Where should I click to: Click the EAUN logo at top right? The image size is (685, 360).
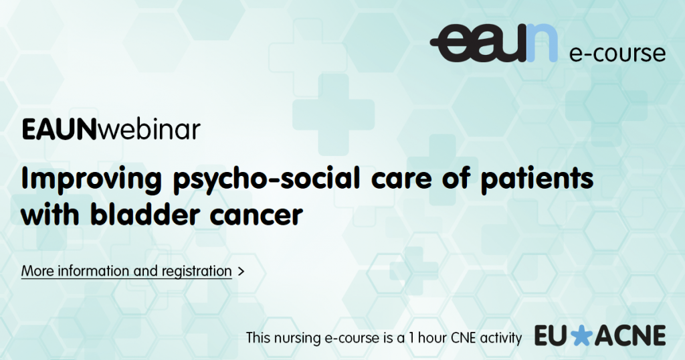(494, 43)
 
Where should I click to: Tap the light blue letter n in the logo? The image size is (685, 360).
(542, 43)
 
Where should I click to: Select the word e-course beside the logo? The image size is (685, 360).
(617, 53)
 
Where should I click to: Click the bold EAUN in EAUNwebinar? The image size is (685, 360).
(59, 129)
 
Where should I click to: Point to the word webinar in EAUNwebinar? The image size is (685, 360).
(149, 129)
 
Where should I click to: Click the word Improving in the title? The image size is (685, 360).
(92, 179)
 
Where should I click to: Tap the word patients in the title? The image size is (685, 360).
(537, 177)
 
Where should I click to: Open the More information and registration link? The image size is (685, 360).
(126, 271)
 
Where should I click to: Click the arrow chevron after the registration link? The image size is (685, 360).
(241, 271)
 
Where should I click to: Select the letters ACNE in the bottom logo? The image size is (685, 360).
(629, 336)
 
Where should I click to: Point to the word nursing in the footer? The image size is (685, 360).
(300, 338)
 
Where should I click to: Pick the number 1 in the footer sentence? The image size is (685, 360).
(411, 338)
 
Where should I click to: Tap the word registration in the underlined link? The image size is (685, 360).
(197, 271)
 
